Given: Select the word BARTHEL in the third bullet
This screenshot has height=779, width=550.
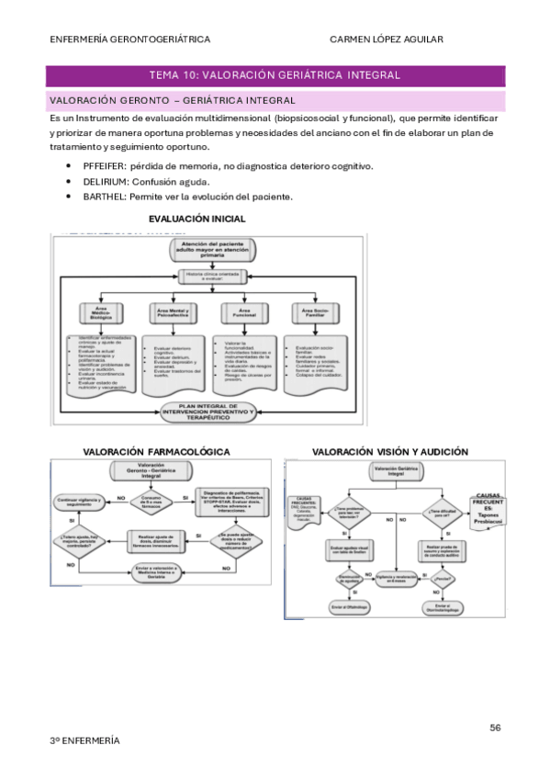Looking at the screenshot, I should coord(104,197).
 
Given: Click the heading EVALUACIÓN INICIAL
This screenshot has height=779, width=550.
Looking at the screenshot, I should coord(196,219).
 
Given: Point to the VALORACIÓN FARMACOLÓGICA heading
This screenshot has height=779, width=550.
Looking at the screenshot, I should coord(156,452).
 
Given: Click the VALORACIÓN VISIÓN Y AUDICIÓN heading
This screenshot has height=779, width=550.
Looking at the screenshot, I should coord(390,452).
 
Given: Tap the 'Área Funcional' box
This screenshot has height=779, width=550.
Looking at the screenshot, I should coord(243,314).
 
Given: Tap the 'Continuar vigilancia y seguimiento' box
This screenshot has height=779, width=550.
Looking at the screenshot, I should coord(83,501).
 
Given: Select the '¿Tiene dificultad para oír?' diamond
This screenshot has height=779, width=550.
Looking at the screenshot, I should coord(443,514).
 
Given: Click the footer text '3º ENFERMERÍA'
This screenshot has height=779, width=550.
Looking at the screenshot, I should coord(84,740).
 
